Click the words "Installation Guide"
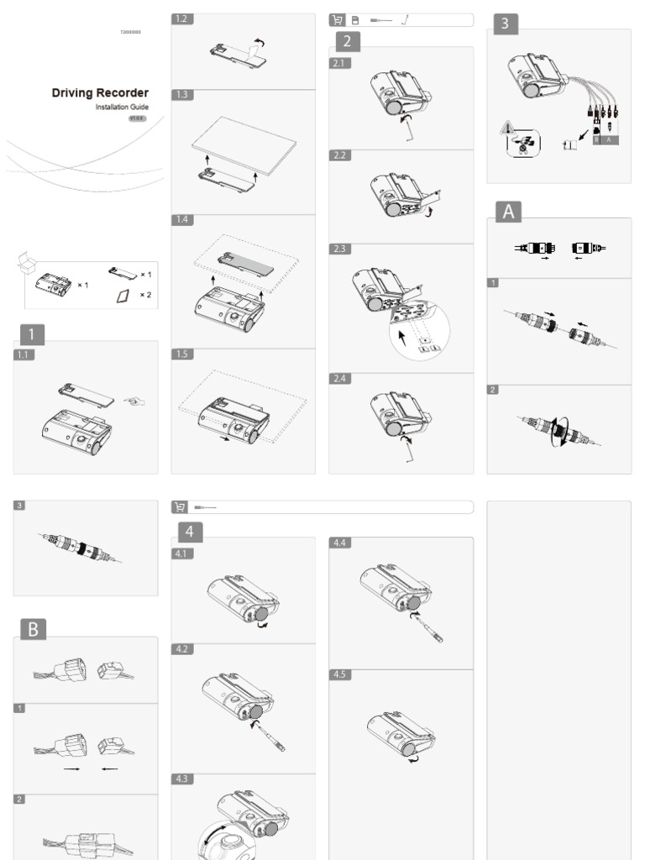(x=122, y=107)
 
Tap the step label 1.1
(x=24, y=354)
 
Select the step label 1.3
(x=181, y=95)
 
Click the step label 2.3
(x=339, y=249)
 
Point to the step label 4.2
(x=182, y=649)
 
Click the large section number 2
(x=348, y=41)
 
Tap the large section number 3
(x=505, y=24)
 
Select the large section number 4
(x=190, y=531)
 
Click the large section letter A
(x=506, y=212)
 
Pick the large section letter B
(x=33, y=629)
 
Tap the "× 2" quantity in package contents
(x=145, y=295)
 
